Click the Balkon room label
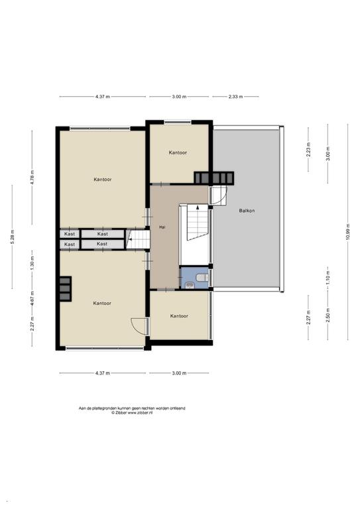[247, 211]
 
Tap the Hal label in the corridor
[162, 227]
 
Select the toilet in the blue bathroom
[203, 278]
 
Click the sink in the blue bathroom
[189, 286]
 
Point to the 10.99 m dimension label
[347, 232]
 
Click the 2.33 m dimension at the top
[235, 96]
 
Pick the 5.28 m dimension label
[13, 237]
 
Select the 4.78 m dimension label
[32, 178]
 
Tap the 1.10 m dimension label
[328, 278]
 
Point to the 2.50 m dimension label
[328, 315]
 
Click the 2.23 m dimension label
[308, 150]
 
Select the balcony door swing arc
[222, 196]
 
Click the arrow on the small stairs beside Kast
[129, 239]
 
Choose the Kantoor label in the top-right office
[178, 152]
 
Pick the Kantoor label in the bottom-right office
[179, 316]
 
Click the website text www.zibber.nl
[141, 413]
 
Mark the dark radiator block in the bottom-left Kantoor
[65, 288]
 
